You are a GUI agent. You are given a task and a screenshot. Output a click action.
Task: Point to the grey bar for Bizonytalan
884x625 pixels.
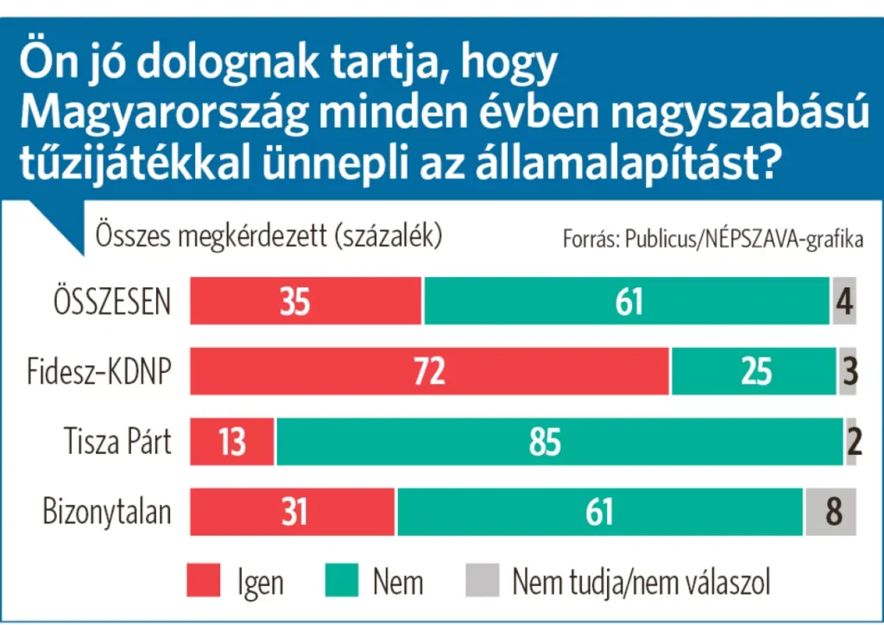(830, 512)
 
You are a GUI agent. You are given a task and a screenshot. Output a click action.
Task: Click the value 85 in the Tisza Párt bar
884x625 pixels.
(545, 442)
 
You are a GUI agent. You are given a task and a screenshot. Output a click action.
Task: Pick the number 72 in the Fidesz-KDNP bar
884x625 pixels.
(429, 371)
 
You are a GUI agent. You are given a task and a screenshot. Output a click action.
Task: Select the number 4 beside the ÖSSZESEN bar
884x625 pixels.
(845, 301)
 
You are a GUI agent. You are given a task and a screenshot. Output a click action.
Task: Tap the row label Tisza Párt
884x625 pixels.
(117, 442)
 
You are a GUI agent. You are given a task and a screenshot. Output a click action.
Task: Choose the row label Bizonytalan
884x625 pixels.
(107, 512)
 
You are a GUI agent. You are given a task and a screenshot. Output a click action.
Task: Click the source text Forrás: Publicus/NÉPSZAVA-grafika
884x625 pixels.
(713, 240)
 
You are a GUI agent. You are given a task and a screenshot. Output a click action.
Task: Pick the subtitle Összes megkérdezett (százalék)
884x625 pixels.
(269, 236)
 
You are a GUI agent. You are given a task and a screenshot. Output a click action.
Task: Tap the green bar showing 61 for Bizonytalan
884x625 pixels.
(599, 512)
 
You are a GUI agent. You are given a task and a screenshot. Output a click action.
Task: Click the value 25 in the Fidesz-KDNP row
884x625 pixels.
(755, 371)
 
